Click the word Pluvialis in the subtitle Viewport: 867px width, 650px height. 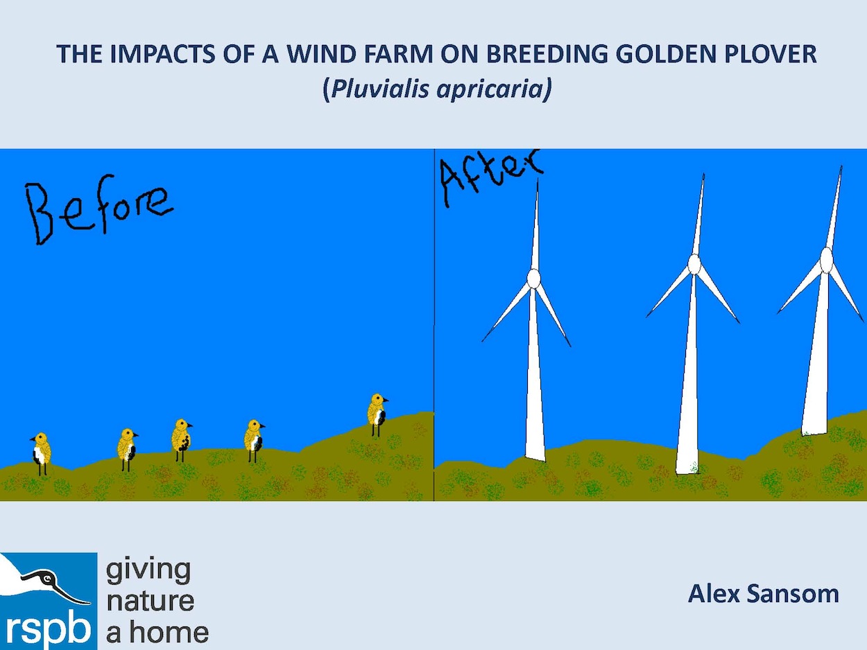pyautogui.click(x=379, y=88)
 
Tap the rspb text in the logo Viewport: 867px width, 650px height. pyautogui.click(x=48, y=629)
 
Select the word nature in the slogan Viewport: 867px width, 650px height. pyautogui.click(x=150, y=601)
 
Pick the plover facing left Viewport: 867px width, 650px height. pyautogui.click(x=41, y=453)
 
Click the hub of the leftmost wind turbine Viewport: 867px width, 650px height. pyautogui.click(x=533, y=279)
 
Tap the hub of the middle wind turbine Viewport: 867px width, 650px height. pyautogui.click(x=694, y=264)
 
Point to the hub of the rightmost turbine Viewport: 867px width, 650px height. pyautogui.click(x=826, y=260)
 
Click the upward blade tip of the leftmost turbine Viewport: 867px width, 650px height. pyautogui.click(x=538, y=179)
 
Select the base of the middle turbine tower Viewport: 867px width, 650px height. pyautogui.click(x=687, y=471)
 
